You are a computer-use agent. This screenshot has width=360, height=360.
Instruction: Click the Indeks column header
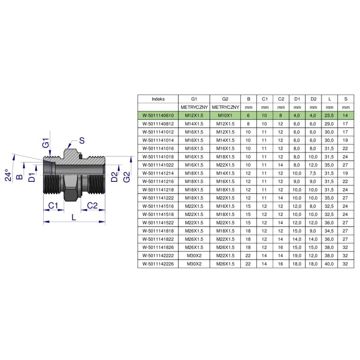point(158,99)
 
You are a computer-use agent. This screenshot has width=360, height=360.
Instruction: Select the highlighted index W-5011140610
point(158,116)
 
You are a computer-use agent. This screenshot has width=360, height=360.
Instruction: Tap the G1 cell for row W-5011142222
point(194,256)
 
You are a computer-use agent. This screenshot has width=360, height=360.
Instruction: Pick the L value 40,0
point(329,264)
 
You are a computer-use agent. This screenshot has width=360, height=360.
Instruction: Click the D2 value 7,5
point(313,173)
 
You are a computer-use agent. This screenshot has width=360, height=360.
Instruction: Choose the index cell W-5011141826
point(158,247)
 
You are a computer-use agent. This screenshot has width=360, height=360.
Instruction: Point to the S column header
point(346,99)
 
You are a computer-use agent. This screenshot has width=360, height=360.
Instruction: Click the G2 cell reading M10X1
point(225,116)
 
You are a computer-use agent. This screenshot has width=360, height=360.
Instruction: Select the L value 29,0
point(329,124)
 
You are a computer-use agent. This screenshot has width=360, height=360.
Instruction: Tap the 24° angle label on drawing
point(8,175)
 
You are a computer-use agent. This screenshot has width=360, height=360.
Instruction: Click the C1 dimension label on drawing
point(53,206)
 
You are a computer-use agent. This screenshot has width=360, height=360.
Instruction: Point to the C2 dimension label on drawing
point(92,206)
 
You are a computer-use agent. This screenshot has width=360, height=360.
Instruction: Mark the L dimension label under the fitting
point(74,217)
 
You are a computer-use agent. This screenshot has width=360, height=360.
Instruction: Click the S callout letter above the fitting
point(82,140)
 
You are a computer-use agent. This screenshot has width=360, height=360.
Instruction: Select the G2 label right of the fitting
point(126,177)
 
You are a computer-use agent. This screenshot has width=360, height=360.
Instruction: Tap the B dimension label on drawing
point(19,176)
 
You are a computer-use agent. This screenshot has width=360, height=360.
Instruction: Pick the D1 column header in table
point(297,99)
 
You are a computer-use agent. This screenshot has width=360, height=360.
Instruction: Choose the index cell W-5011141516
point(158,206)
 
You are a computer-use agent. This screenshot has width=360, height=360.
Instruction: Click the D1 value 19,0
point(297,256)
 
